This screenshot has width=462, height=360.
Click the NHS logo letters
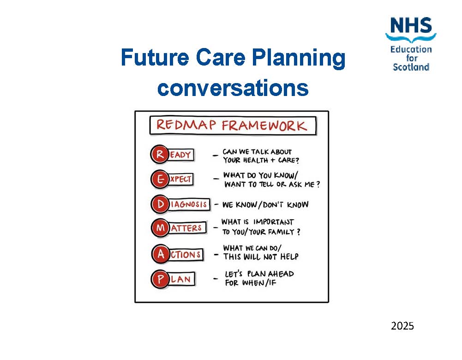coord(411,25)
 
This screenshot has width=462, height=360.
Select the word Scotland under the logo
coord(411,67)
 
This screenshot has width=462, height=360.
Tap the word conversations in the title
coord(233,88)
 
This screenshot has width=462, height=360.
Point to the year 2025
coord(402,326)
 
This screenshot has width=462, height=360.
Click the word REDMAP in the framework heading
coord(185,126)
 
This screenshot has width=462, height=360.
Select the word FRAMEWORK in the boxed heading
coord(264,126)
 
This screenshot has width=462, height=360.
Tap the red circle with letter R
coord(160,155)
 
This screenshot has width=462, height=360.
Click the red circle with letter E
coord(160,179)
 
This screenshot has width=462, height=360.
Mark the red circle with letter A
coord(160,254)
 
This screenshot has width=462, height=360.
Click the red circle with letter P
coord(160,279)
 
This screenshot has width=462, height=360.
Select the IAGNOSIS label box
coord(189,204)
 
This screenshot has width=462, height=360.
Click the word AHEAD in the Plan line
coord(280,274)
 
